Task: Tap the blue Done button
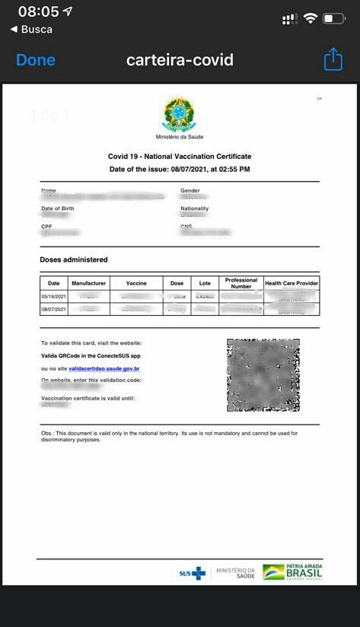36,60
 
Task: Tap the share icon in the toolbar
333,60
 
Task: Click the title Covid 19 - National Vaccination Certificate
180,156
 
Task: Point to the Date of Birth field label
57,208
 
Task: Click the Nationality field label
194,208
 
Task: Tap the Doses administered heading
74,260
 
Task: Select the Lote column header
205,283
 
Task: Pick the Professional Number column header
241,282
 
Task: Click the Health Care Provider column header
292,283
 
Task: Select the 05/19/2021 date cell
54,296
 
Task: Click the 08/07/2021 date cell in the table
54,309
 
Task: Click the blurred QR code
263,374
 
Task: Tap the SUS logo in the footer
192,573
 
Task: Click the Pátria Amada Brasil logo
292,572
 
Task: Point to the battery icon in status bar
333,18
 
